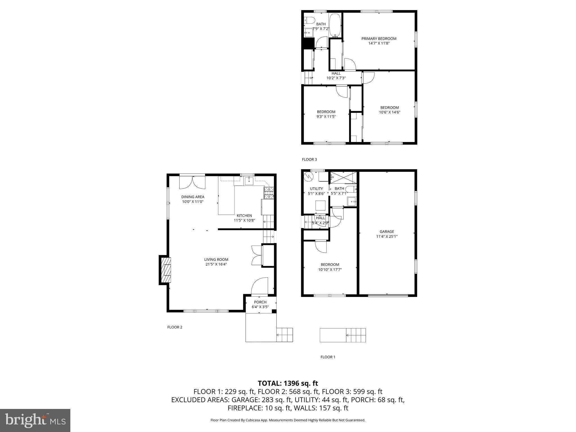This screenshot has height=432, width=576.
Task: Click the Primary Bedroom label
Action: [x=379, y=39]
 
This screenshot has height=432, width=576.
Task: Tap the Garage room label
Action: [x=387, y=231]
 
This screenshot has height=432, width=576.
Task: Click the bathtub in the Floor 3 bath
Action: [x=335, y=25]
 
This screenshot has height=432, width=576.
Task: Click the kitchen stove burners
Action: [x=269, y=193]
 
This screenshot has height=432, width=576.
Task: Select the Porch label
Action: [x=260, y=302]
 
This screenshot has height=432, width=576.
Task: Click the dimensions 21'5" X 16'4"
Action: [x=216, y=264]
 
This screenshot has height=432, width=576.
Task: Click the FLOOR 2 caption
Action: [x=175, y=327]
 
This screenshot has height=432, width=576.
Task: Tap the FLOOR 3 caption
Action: [x=309, y=159]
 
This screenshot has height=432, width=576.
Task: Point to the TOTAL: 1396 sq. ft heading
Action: [x=288, y=383]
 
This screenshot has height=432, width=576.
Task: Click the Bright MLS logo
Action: [x=35, y=420]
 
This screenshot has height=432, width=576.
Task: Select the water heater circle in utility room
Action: [x=309, y=176]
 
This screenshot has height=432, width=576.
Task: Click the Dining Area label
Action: [x=193, y=197]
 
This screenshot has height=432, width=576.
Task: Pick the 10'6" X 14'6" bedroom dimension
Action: [x=390, y=112]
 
